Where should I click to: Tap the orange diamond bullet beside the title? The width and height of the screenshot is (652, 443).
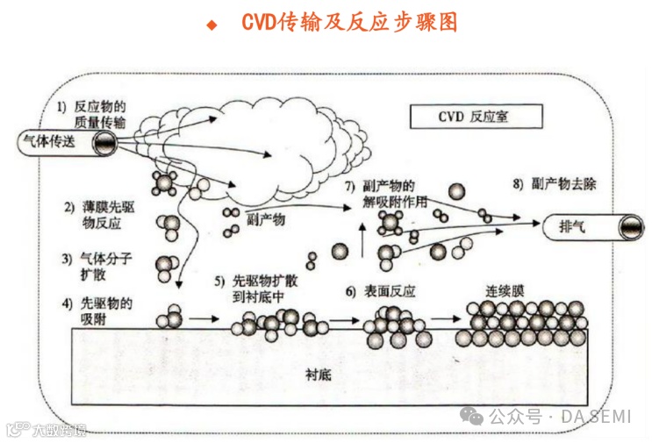coord(211,25)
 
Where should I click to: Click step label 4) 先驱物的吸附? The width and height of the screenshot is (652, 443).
coord(97,310)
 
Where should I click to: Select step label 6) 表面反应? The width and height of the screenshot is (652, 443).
coord(380,291)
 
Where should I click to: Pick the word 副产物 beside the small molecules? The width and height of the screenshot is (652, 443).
coord(266,220)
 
